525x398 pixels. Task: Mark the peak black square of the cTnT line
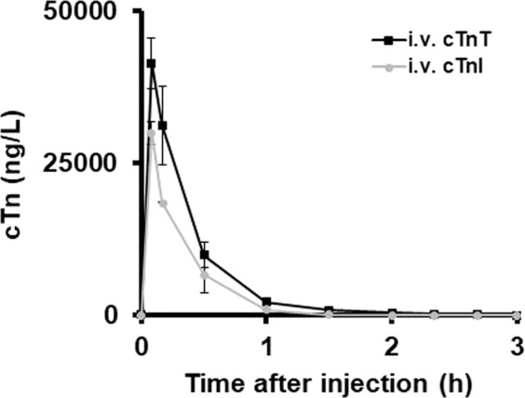point(151,63)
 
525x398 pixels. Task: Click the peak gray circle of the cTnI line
point(151,133)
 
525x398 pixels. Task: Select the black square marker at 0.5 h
point(204,254)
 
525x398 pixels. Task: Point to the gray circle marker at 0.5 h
point(204,274)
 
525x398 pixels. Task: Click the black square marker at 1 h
point(266,301)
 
